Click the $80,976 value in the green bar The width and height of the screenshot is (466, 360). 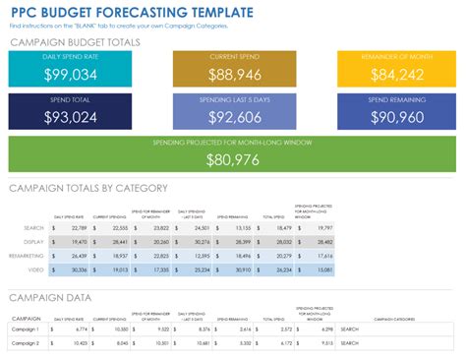233,159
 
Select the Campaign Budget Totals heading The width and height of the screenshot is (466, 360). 74,43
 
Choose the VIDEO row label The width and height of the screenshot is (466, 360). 35,269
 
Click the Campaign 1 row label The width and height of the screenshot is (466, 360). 27,330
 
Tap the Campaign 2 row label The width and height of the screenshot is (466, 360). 27,343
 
